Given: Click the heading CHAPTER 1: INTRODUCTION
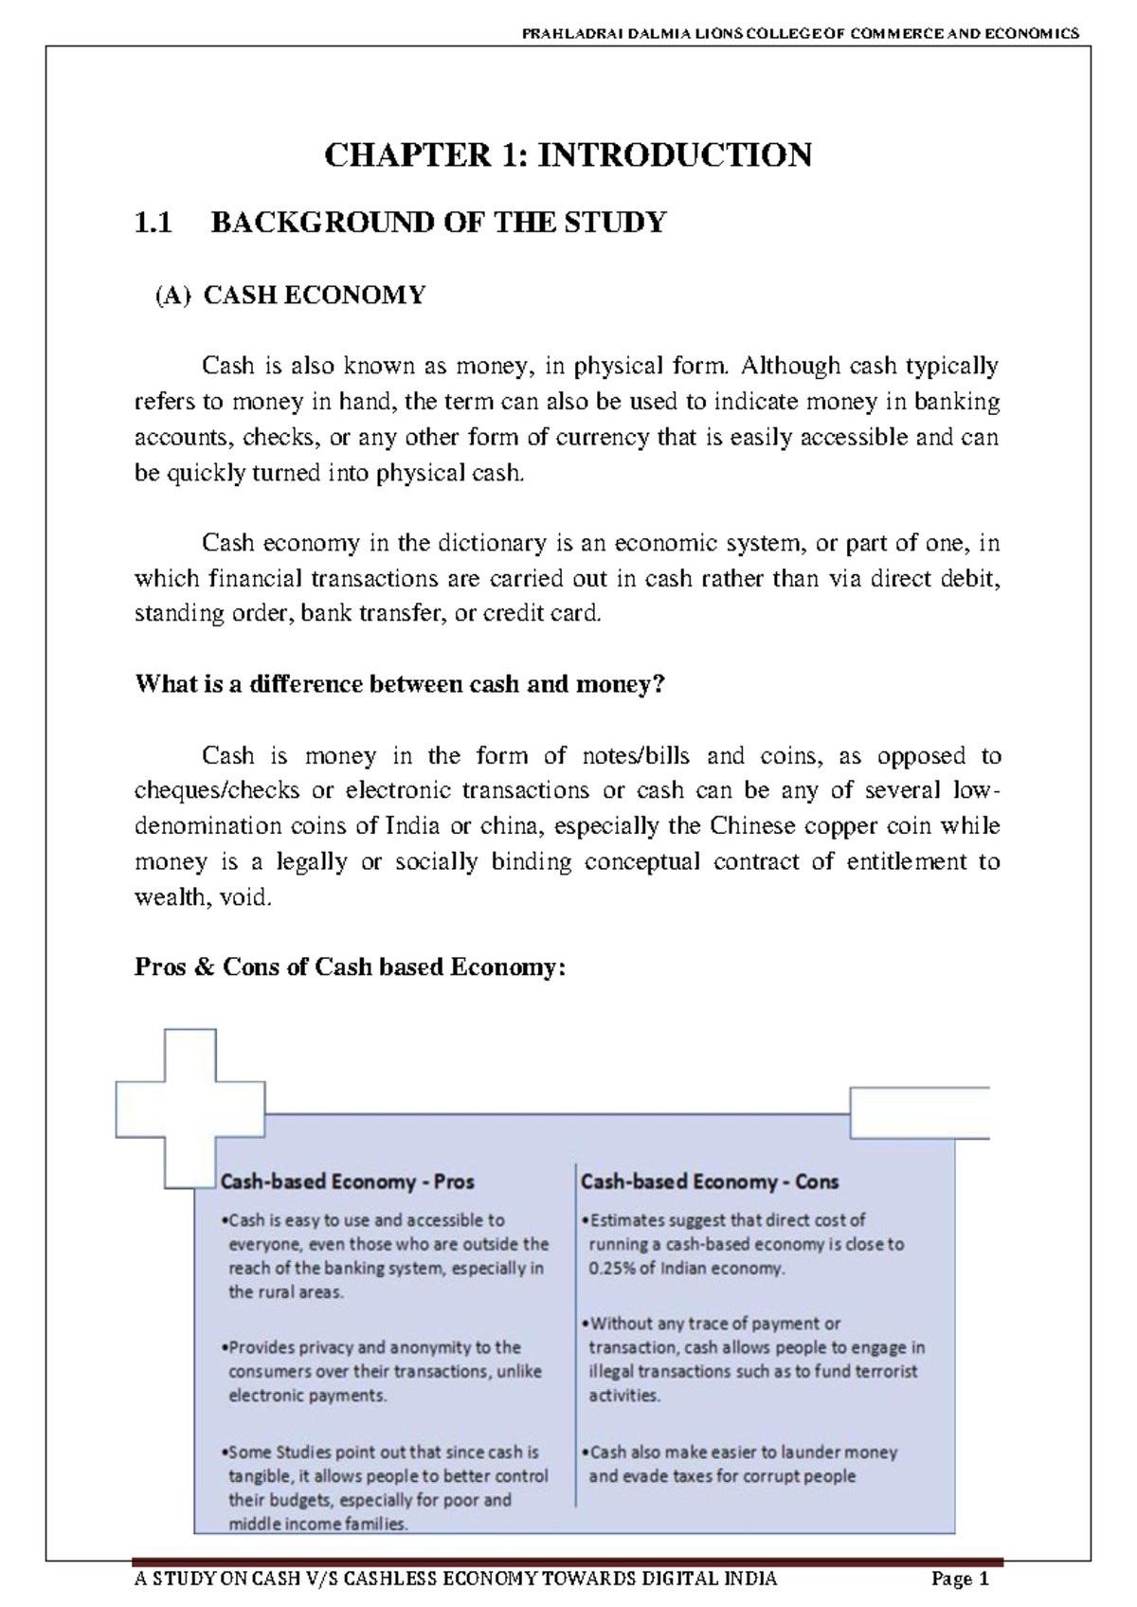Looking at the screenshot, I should pyautogui.click(x=568, y=154).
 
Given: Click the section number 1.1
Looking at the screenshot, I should pyautogui.click(x=153, y=224).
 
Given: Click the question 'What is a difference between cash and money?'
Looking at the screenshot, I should pyautogui.click(x=401, y=684).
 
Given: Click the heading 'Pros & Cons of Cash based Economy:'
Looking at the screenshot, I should pyautogui.click(x=350, y=967).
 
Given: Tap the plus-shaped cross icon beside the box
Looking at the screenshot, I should pyautogui.click(x=189, y=1109).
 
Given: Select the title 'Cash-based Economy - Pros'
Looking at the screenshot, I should pyautogui.click(x=347, y=1182).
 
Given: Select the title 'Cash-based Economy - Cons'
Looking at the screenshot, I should pyautogui.click(x=709, y=1182).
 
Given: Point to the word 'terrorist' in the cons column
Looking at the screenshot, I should pyautogui.click(x=883, y=1371).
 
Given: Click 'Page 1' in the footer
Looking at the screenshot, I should pyautogui.click(x=960, y=1580).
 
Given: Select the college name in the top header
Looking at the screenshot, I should pyautogui.click(x=800, y=33).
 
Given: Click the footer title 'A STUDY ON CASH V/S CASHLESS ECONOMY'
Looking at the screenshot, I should pyautogui.click(x=456, y=1579).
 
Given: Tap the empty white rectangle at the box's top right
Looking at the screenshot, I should pyautogui.click(x=919, y=1112).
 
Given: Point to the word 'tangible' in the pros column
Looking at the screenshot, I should pyautogui.click(x=259, y=1476).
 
